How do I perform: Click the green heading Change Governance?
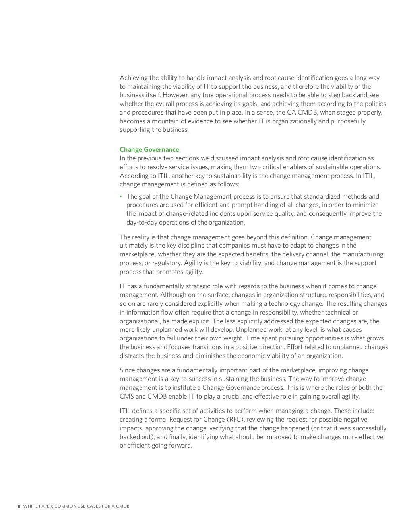(x=149, y=150)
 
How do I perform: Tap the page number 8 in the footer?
(x=19, y=506)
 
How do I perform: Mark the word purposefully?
(x=346, y=121)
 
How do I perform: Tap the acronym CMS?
(x=127, y=397)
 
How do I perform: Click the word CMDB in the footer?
(x=122, y=506)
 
